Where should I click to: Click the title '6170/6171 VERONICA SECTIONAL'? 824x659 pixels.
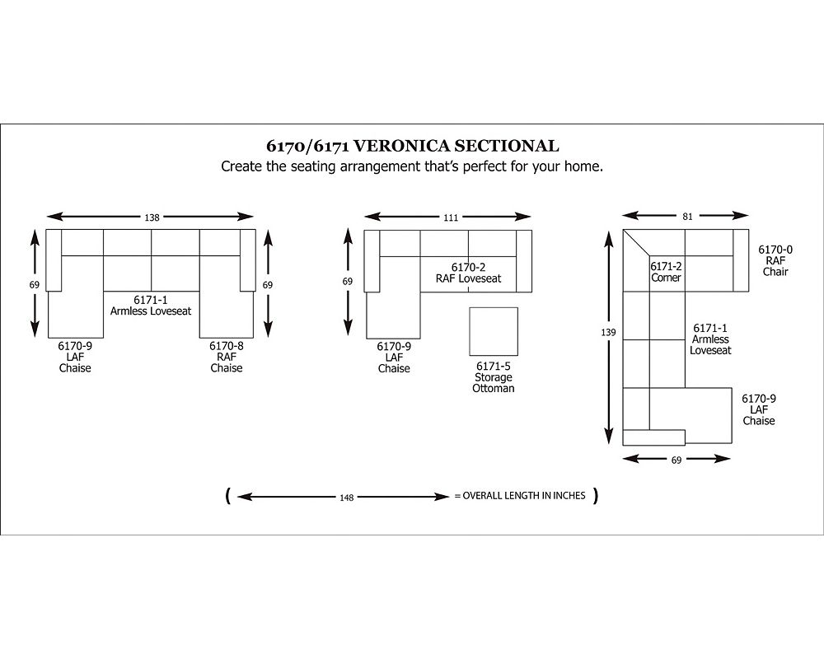coord(413,146)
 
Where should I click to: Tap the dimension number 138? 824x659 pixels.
coord(152,217)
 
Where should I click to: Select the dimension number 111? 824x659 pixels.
coord(451,217)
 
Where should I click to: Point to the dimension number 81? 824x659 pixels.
coord(687,217)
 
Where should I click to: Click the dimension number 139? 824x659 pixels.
coord(608,332)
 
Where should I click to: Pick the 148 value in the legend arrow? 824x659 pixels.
coord(346,498)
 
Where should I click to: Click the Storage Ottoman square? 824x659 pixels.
coord(494,332)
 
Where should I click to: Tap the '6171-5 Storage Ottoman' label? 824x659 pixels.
coord(493,377)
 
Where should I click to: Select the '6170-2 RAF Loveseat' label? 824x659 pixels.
coord(468,273)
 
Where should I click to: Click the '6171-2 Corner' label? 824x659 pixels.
coord(666,272)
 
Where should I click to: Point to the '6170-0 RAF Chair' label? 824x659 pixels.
coord(775,260)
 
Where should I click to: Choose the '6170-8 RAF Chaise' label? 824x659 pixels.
coord(227,357)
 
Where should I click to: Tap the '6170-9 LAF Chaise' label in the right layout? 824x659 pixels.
coord(759,409)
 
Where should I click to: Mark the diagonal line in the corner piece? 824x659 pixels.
coord(636,242)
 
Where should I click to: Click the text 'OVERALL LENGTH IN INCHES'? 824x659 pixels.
coord(524,496)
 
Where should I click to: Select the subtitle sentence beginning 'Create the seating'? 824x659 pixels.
coord(412,166)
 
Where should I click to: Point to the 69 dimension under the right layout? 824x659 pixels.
coord(677,460)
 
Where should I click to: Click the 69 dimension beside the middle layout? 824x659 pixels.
coord(348,282)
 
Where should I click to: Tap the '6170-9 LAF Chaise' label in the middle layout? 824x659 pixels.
coord(394,358)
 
